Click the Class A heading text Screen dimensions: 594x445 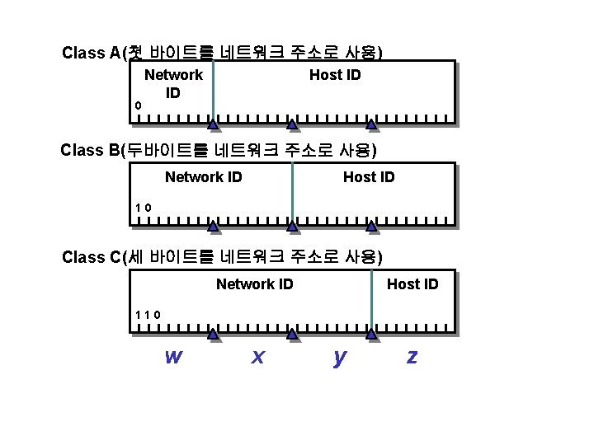click(221, 54)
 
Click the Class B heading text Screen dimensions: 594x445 click(219, 151)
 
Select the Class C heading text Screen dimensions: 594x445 click(221, 256)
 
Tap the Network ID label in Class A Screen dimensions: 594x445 click(173, 83)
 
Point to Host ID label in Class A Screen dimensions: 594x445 click(335, 75)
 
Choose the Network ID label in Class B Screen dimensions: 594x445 click(203, 177)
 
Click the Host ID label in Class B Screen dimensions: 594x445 click(369, 177)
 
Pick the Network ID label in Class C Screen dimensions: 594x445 click(254, 284)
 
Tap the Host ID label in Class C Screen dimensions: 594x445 click(412, 284)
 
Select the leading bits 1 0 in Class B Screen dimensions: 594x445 click(143, 207)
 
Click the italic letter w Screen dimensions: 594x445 click(173, 356)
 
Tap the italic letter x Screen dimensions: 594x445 click(258, 356)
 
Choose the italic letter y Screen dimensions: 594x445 click(339, 357)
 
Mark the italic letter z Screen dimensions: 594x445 click(412, 356)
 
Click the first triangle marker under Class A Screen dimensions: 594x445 click(213, 125)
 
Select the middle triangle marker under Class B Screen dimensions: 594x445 click(292, 226)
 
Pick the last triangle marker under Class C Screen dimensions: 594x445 click(371, 334)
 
